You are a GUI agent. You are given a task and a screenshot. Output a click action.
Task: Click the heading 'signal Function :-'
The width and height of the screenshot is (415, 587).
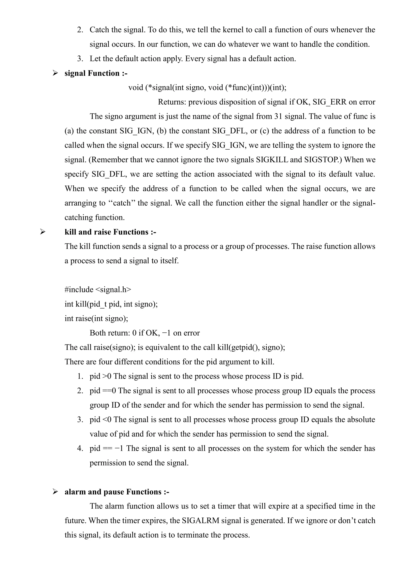point(96,73)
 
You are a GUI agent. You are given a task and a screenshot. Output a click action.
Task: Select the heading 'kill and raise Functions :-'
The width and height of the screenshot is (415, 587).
point(110,232)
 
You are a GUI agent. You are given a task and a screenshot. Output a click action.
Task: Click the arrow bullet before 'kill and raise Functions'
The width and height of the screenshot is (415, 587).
point(43,232)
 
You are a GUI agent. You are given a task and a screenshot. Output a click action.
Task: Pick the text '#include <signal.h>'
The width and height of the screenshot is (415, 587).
point(98,289)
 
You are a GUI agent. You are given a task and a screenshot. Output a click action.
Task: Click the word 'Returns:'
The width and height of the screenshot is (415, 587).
point(172,102)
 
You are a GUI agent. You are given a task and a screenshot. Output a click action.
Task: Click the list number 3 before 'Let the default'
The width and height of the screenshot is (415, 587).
point(80,59)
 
